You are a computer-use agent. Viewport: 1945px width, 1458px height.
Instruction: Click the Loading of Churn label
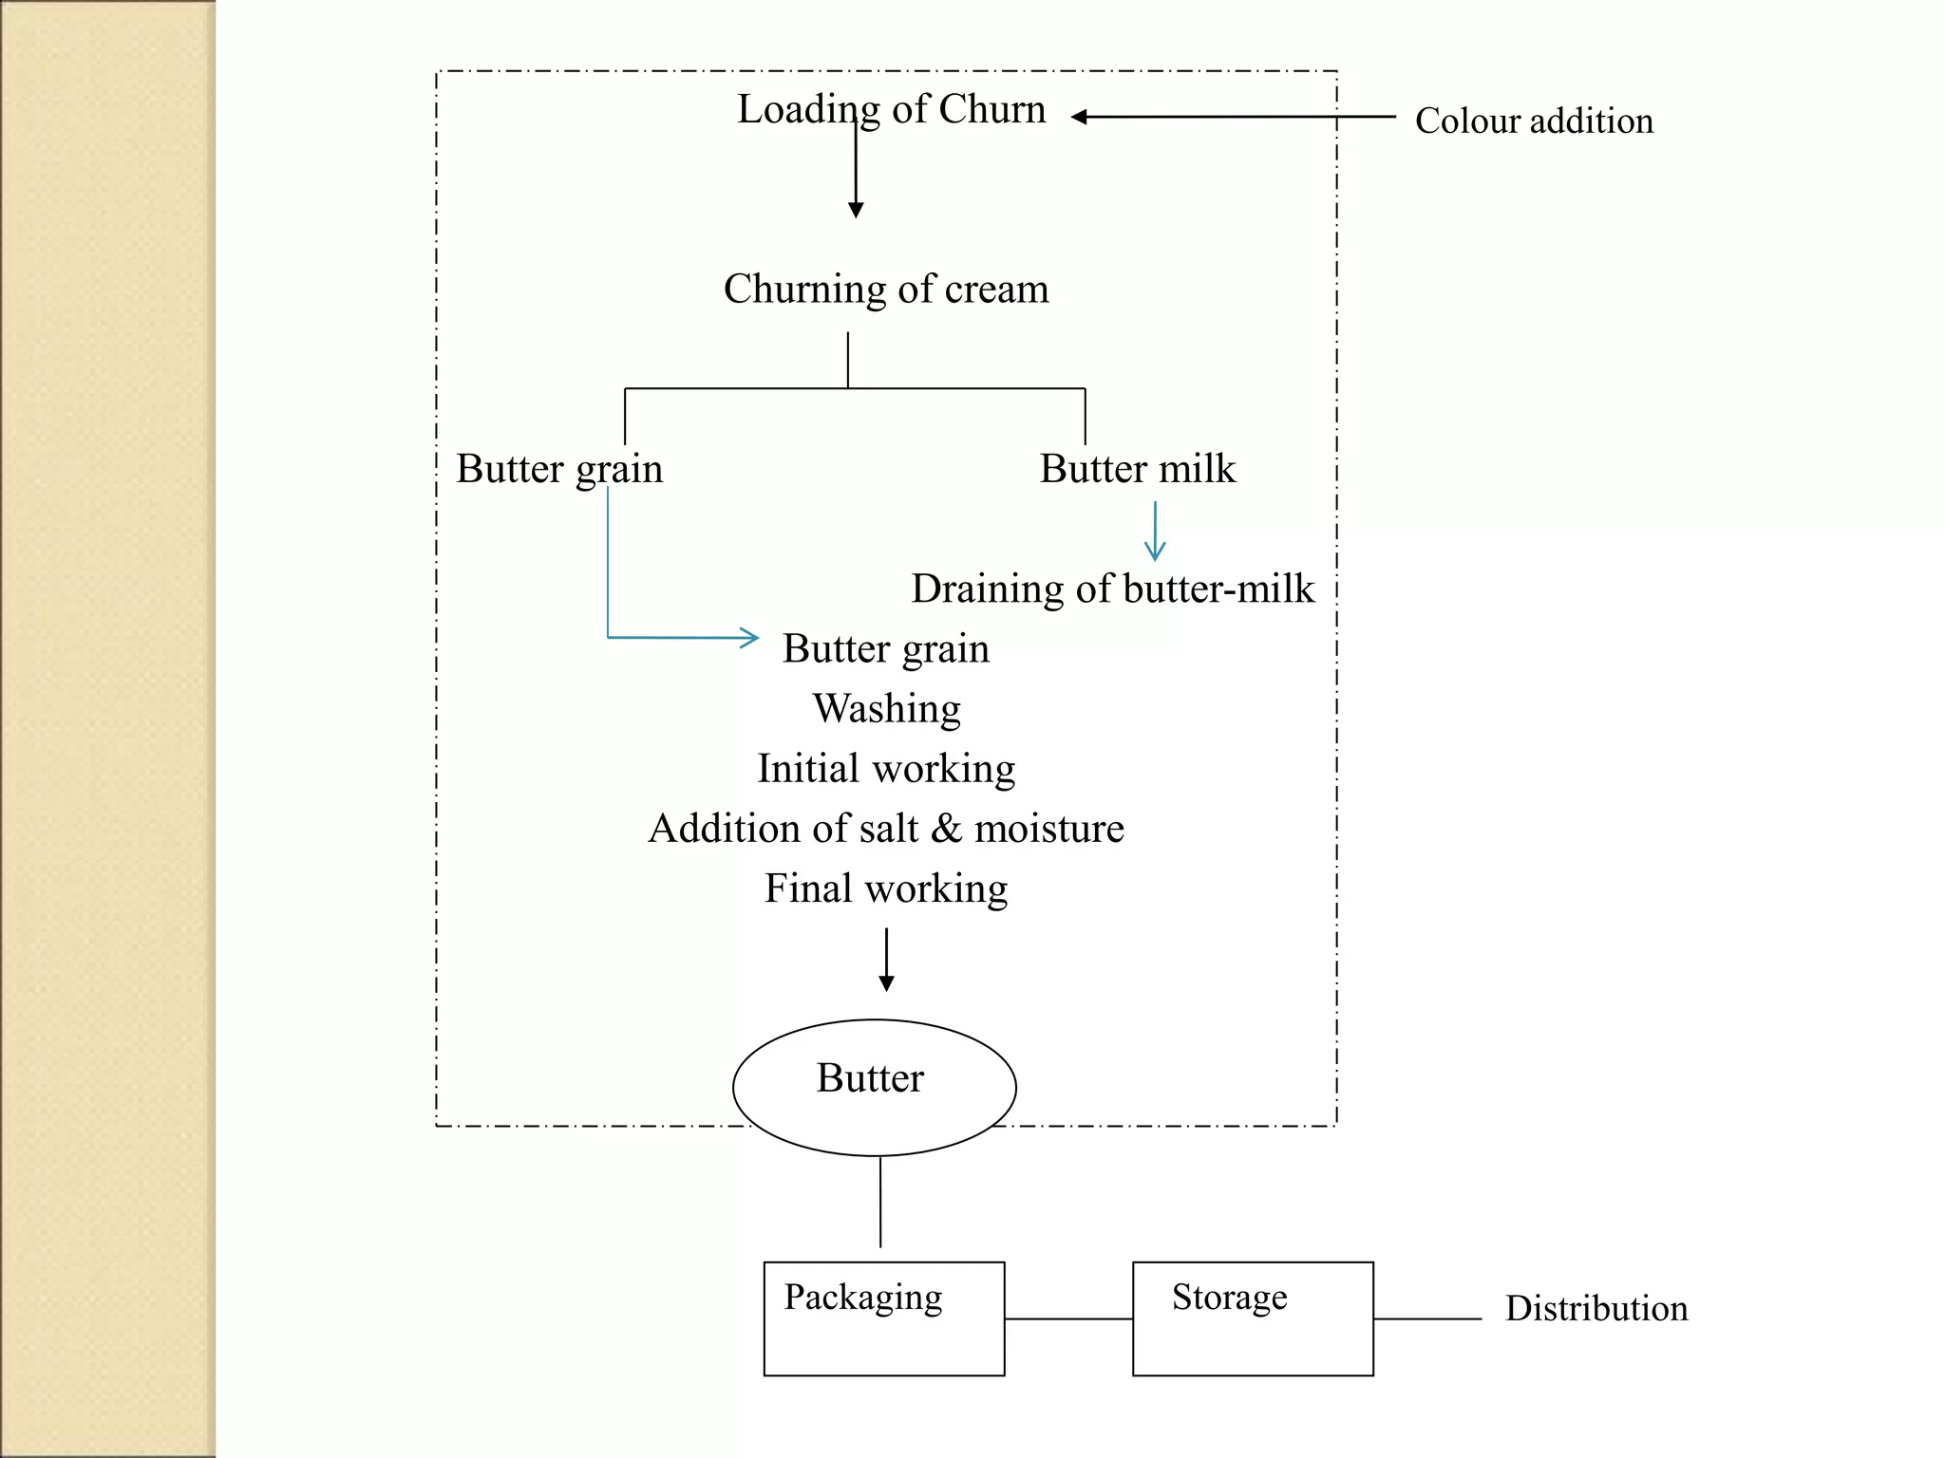pyautogui.click(x=891, y=110)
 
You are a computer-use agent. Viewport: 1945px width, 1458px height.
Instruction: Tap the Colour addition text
pyautogui.click(x=1533, y=121)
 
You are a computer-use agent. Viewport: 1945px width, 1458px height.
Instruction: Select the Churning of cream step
pyautogui.click(x=885, y=290)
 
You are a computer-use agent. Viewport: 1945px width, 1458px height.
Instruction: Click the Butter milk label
pyautogui.click(x=1137, y=469)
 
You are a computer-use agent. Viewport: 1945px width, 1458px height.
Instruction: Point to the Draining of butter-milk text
pyautogui.click(x=1112, y=589)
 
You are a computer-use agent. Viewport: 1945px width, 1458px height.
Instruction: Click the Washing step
pyautogui.click(x=886, y=709)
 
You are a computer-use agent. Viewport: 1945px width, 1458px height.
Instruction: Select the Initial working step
pyautogui.click(x=885, y=769)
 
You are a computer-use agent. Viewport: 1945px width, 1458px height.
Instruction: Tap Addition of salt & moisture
pyautogui.click(x=885, y=829)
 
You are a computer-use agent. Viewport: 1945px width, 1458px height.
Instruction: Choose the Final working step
pyautogui.click(x=885, y=889)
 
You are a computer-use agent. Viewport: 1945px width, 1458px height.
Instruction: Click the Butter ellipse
pyautogui.click(x=874, y=1087)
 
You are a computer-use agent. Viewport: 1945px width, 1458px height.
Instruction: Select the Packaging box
pyautogui.click(x=883, y=1318)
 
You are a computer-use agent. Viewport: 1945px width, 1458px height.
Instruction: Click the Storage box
pyautogui.click(x=1252, y=1318)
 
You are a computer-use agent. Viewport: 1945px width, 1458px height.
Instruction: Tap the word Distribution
pyautogui.click(x=1596, y=1309)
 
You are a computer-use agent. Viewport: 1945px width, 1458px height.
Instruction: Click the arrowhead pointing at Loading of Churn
pyautogui.click(x=1079, y=117)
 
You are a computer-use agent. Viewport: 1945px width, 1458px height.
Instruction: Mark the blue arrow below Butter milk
pyautogui.click(x=1154, y=532)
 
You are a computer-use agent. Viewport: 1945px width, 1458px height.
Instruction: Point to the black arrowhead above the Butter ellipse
pyautogui.click(x=886, y=983)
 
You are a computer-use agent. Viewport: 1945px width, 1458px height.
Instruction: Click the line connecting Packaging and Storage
pyautogui.click(x=1067, y=1318)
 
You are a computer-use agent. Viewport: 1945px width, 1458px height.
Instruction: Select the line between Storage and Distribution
pyautogui.click(x=1426, y=1318)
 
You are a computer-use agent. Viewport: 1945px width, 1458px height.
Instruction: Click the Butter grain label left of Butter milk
pyautogui.click(x=558, y=469)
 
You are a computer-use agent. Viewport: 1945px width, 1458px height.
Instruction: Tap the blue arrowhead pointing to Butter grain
pyautogui.click(x=750, y=638)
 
